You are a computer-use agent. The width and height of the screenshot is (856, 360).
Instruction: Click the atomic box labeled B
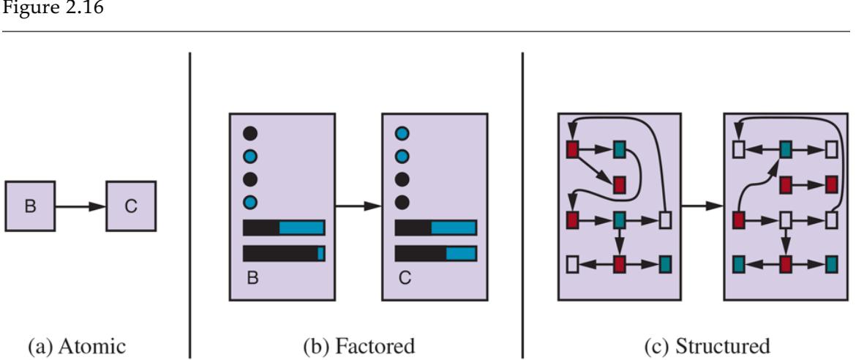(x=29, y=207)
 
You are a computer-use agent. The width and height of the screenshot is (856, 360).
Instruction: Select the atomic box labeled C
(x=129, y=207)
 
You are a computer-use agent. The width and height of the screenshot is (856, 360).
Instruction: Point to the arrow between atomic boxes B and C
(x=80, y=207)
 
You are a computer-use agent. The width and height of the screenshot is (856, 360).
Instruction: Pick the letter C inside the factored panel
(x=403, y=279)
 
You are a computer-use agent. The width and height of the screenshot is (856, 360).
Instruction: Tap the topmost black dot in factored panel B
(x=250, y=133)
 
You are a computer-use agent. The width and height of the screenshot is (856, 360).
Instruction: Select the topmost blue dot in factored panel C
(x=402, y=133)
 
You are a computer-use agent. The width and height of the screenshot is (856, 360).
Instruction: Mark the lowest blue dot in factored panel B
(x=250, y=202)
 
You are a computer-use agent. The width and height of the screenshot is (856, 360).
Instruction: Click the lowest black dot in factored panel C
(x=402, y=202)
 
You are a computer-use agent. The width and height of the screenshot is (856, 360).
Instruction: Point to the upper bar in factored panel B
(x=284, y=228)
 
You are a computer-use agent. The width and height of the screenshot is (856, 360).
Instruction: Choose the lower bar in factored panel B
(x=284, y=253)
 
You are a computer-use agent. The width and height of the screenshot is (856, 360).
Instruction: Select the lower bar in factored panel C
(x=435, y=253)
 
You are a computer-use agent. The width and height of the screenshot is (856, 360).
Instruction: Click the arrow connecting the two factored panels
(x=358, y=207)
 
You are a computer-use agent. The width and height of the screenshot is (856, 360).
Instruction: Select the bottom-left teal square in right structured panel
(x=739, y=262)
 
